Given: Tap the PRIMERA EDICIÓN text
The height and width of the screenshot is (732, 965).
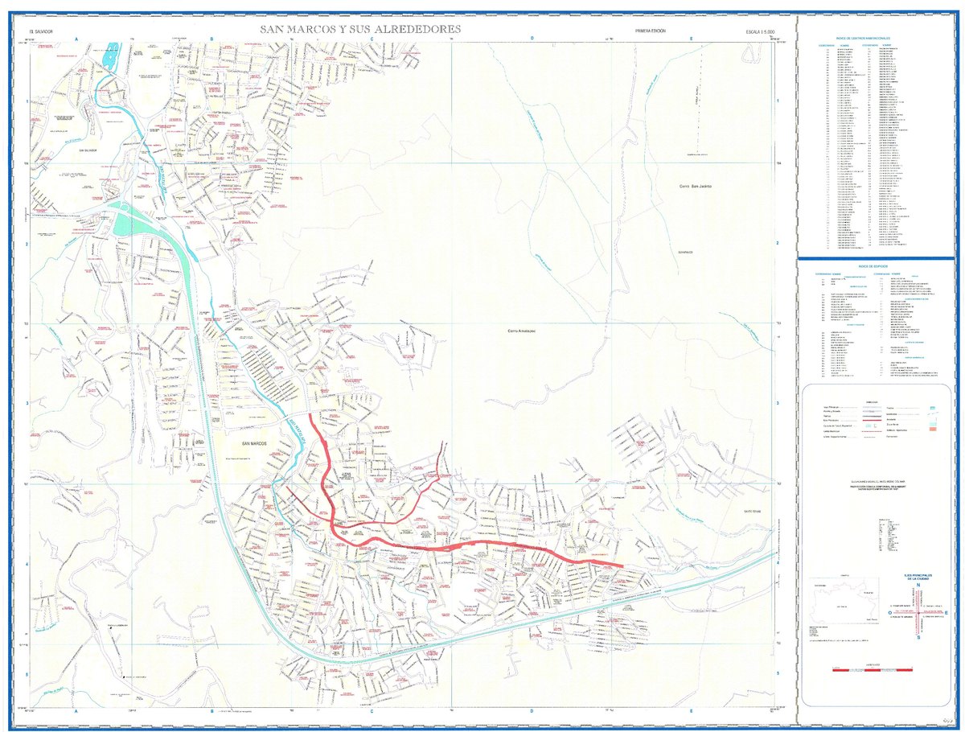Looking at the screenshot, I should coord(651,30).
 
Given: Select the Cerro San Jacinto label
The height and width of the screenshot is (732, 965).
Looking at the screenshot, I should coord(696,187).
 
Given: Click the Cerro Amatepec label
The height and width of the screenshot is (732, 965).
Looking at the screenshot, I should coord(523,331).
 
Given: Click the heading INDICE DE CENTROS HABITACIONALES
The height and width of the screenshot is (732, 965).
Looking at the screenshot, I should coord(874,39).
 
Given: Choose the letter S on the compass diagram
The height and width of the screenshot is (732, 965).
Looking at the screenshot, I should coord(918,637).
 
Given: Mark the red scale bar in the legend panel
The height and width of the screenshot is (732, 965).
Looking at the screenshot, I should coord(876,669).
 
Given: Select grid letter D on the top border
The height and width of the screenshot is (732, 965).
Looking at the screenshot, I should coord(532,39).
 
